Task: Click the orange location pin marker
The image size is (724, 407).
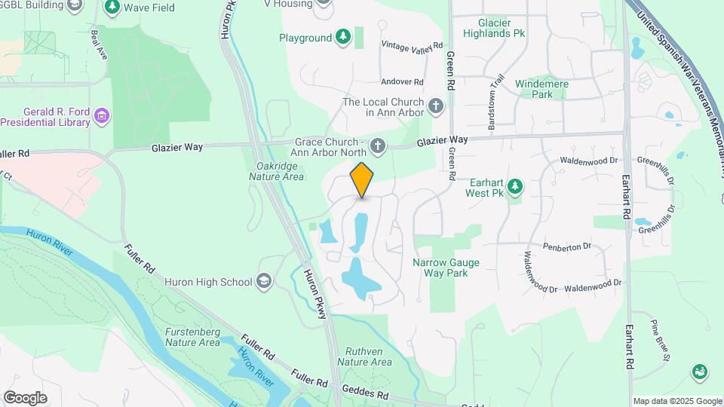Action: [362, 179]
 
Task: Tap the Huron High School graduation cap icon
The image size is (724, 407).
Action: [265, 282]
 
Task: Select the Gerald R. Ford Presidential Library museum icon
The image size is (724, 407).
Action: [102, 116]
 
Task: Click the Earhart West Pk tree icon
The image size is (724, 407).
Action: [515, 185]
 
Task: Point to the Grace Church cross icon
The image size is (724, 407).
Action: [377, 145]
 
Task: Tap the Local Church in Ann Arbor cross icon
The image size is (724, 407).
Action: [435, 106]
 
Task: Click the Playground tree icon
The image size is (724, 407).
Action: [343, 37]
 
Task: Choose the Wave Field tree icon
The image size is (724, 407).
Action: [112, 7]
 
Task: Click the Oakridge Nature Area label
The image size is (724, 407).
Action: [276, 171]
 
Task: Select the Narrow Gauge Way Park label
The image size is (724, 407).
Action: [446, 268]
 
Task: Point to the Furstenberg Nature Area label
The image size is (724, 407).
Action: [192, 337]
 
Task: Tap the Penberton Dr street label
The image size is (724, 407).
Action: [566, 246]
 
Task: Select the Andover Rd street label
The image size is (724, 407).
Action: [403, 81]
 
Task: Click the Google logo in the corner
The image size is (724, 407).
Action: [25, 397]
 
